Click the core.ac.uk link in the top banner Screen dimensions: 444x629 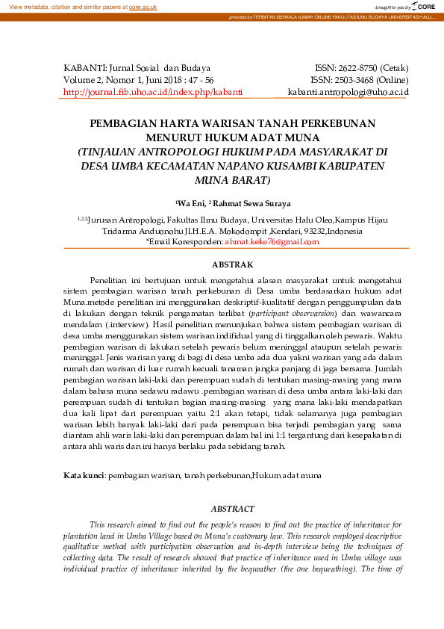(143, 6)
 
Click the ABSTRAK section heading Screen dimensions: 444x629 (233, 264)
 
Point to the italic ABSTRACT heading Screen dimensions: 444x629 (232, 508)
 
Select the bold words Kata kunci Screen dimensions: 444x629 (83, 474)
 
